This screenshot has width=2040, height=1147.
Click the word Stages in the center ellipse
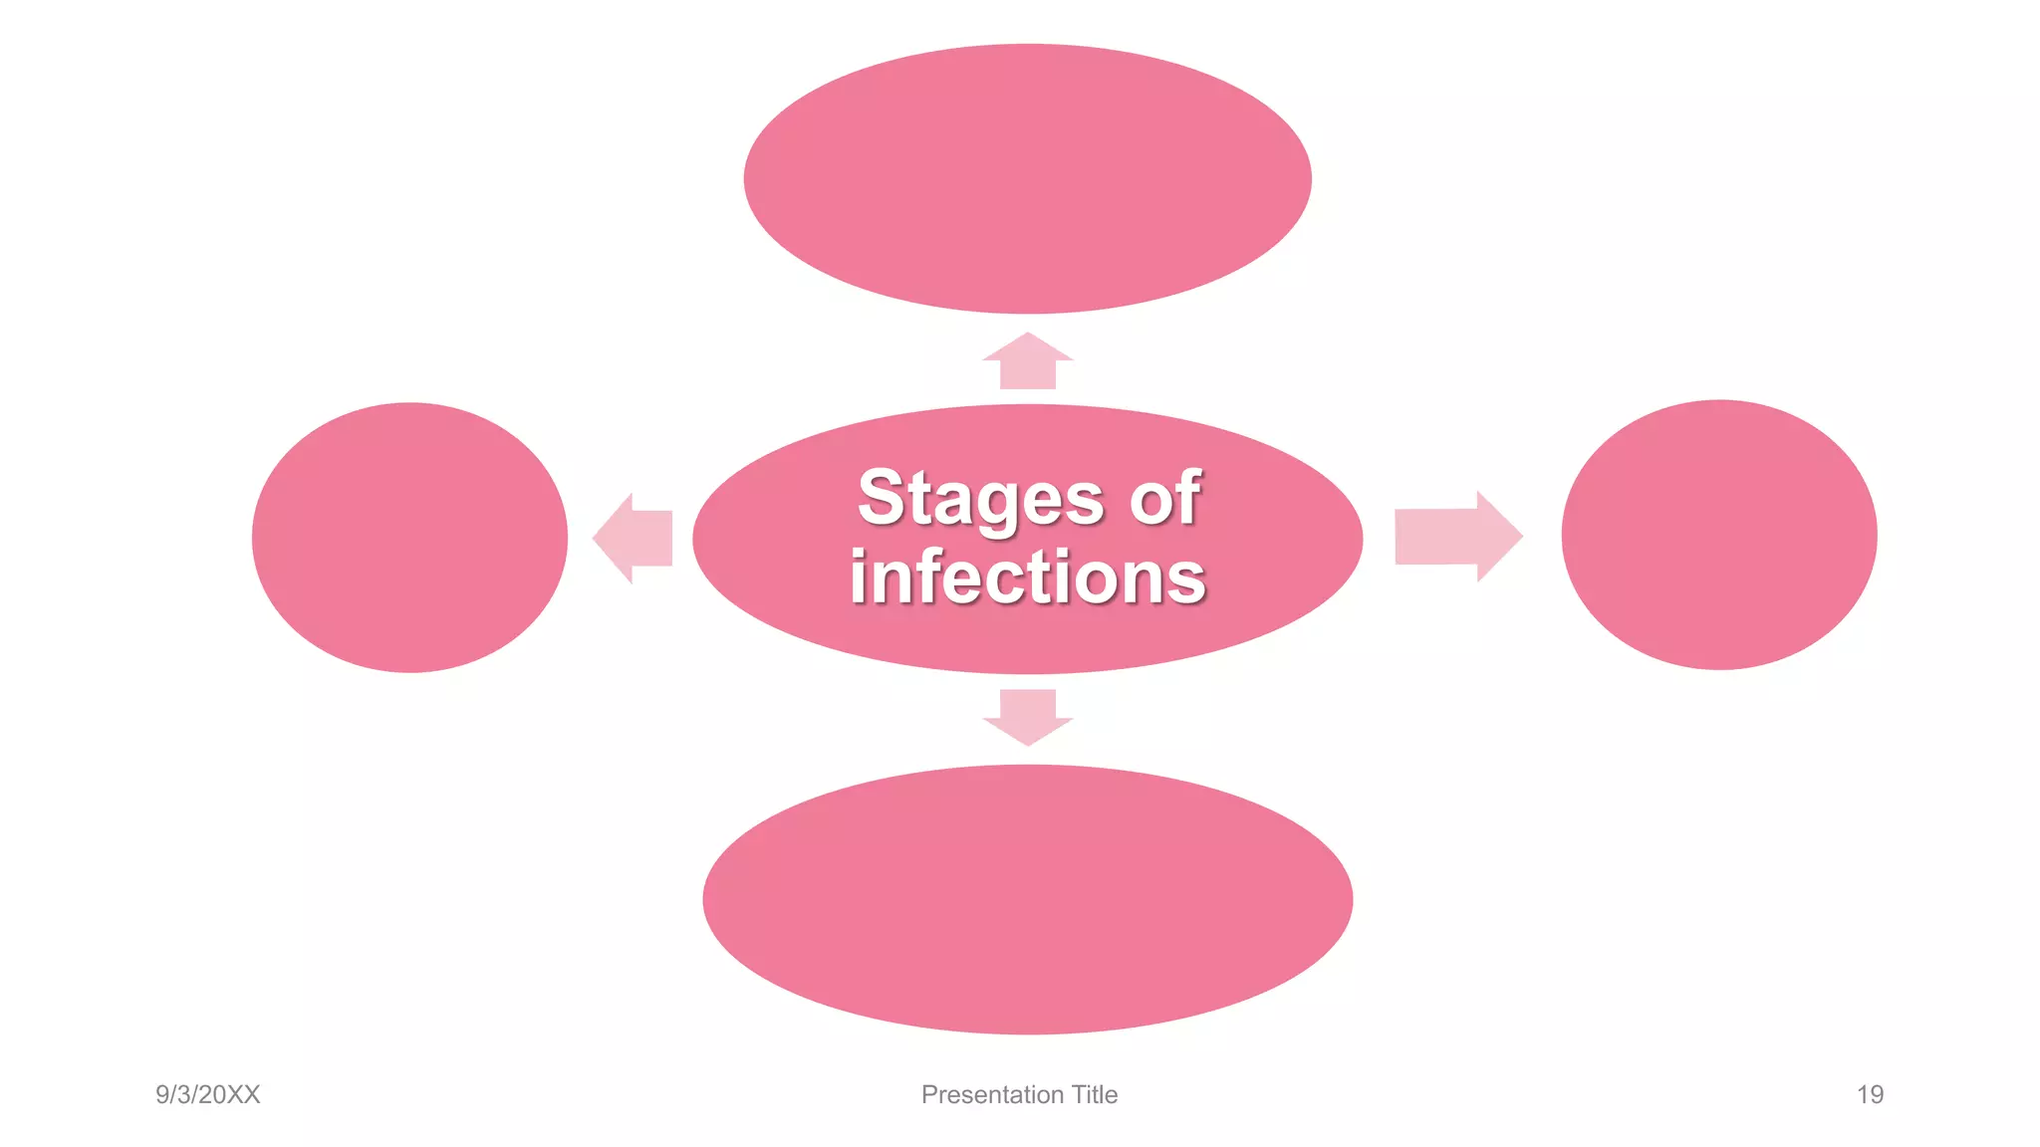tap(980, 498)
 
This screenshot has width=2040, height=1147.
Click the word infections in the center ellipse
tap(1027, 577)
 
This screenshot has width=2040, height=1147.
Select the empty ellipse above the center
tap(1027, 179)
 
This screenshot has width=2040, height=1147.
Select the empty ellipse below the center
tap(1027, 899)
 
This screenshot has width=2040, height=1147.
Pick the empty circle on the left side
tap(409, 538)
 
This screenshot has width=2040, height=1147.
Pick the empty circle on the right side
tap(1718, 535)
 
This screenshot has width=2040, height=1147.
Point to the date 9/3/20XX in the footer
tap(207, 1094)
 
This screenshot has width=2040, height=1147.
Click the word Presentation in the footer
tap(992, 1094)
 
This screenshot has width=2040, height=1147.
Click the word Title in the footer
tap(1095, 1094)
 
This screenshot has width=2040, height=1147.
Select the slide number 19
tap(1870, 1094)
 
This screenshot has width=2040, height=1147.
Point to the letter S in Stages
tap(880, 497)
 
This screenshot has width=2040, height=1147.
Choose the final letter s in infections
tap(1185, 580)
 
